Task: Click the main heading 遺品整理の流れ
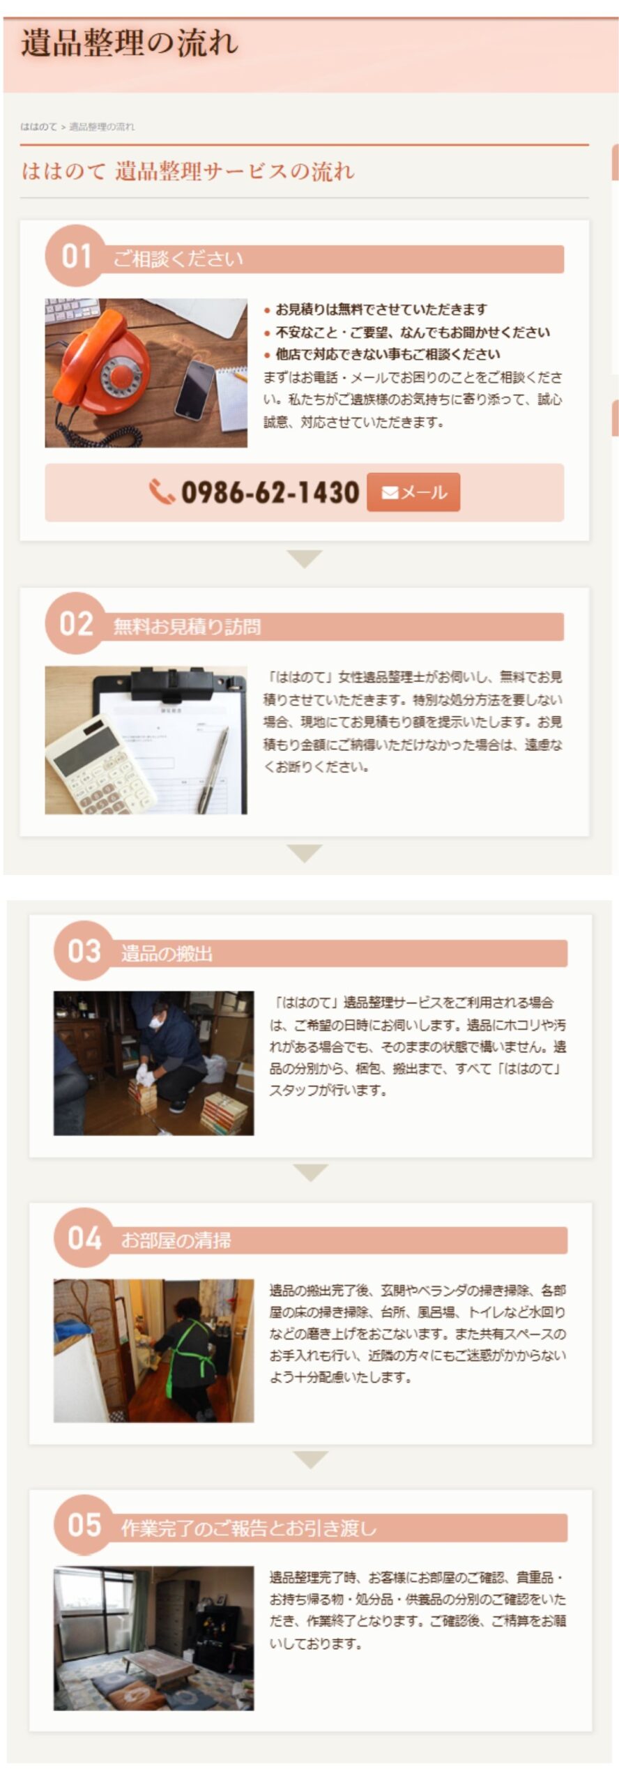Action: (130, 43)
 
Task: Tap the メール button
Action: (413, 492)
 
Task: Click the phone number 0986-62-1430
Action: (270, 492)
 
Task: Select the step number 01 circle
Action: (75, 256)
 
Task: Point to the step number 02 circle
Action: (75, 623)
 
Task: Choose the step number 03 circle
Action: (84, 950)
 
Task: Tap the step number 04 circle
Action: (84, 1238)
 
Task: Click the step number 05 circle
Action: (84, 1525)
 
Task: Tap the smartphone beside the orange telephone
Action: (194, 390)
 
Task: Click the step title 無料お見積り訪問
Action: (188, 627)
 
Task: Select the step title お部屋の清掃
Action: (176, 1241)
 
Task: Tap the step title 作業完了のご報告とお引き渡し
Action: (249, 1528)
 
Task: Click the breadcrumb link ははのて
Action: (38, 127)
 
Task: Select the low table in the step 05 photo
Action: (159, 1663)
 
